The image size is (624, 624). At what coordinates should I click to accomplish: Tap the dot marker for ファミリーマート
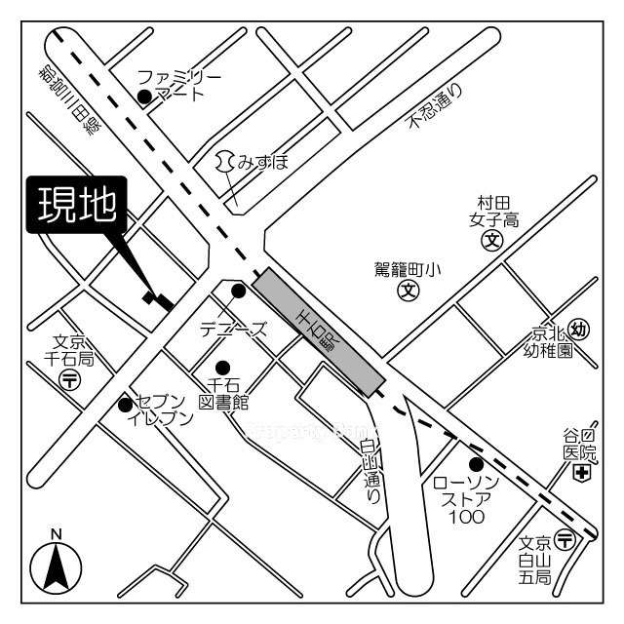coord(144,96)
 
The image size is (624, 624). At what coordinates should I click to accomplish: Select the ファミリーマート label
coord(179,85)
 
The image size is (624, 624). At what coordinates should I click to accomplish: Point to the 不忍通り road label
coord(436,107)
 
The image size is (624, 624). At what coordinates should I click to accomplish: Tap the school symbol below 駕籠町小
coord(408,291)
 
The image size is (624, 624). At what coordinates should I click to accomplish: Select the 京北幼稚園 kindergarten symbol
coord(579,331)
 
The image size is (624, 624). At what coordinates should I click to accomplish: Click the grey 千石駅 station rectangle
coord(318,332)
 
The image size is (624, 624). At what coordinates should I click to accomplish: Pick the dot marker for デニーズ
coord(238,291)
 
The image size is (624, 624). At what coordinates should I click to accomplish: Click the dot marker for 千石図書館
coord(222,368)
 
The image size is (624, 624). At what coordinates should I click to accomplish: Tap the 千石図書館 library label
coord(224,394)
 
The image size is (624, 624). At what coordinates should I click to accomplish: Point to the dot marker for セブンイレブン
coord(125,405)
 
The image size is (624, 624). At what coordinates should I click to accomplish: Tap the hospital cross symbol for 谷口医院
coord(581,474)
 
